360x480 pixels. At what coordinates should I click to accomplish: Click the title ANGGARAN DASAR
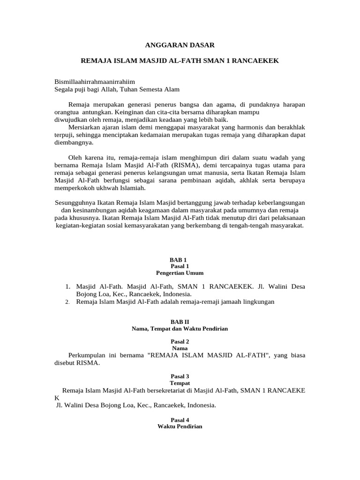click(180, 45)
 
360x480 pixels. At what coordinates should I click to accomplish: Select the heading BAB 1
click(180, 260)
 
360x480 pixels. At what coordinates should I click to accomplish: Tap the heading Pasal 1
click(180, 266)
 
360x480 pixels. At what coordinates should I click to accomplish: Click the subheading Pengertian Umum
click(180, 272)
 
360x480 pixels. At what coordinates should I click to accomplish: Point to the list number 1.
click(68, 286)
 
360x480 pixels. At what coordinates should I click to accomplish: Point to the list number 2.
click(68, 302)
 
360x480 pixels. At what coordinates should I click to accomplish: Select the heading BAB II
click(180, 322)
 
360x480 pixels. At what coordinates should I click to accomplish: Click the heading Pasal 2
click(180, 342)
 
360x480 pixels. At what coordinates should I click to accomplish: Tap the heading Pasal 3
click(180, 376)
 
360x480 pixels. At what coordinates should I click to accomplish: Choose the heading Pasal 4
click(180, 420)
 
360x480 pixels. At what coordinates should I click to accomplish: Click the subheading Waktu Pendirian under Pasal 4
click(180, 427)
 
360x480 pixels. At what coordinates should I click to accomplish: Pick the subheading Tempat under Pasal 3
click(180, 383)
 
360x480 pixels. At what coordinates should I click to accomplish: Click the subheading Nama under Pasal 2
click(180, 348)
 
